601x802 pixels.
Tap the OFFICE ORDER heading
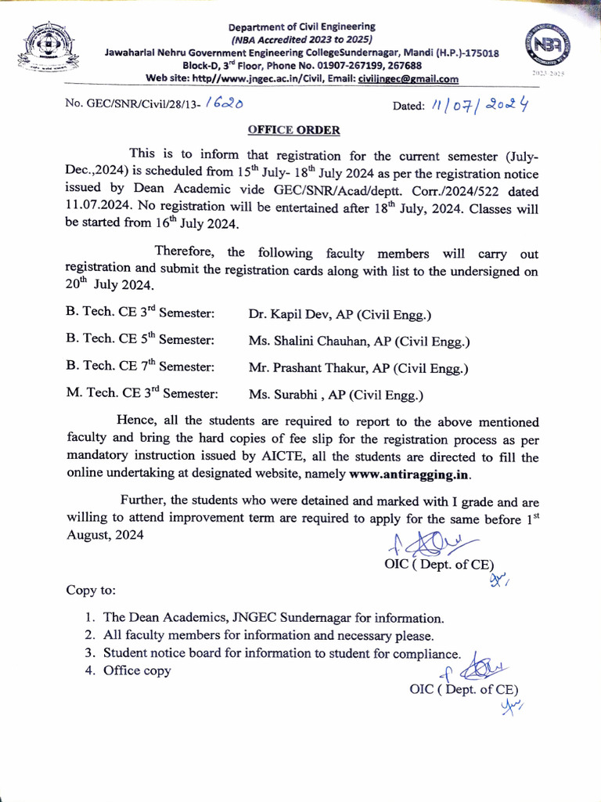pyautogui.click(x=293, y=130)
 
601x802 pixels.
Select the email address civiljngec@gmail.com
pyautogui.click(x=408, y=79)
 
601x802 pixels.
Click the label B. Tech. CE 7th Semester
pyautogui.click(x=141, y=367)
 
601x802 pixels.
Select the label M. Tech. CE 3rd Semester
pyautogui.click(x=142, y=394)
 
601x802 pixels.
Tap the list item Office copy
pyautogui.click(x=137, y=670)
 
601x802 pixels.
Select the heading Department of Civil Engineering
pyautogui.click(x=302, y=27)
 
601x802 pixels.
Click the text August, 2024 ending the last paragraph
pyautogui.click(x=105, y=535)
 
